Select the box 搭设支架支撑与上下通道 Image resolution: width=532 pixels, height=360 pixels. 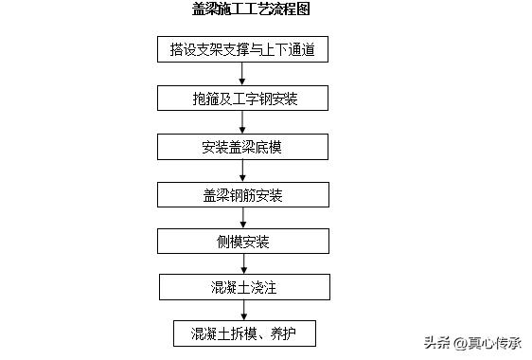[x=242, y=49]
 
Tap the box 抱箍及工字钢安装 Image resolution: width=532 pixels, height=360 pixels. [x=243, y=98]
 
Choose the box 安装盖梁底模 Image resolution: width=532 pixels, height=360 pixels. [x=243, y=147]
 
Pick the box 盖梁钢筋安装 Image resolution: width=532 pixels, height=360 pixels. [x=243, y=195]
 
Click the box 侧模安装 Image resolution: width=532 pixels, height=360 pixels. [x=243, y=243]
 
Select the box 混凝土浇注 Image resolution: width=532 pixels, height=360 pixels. [x=243, y=287]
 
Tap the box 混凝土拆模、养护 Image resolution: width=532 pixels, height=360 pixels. [x=243, y=333]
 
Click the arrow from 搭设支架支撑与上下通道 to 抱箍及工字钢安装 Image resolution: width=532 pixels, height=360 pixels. [x=243, y=74]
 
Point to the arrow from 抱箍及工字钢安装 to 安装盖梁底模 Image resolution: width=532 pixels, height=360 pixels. [x=243, y=122]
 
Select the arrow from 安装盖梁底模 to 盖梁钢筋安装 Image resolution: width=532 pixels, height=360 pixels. [x=243, y=171]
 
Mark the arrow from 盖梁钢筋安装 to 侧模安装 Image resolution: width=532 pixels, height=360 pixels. [x=243, y=219]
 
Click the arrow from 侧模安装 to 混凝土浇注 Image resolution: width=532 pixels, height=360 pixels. [x=243, y=264]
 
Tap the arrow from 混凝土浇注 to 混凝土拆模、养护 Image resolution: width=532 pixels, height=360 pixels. [x=243, y=311]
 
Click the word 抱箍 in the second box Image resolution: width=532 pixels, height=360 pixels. [x=203, y=98]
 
